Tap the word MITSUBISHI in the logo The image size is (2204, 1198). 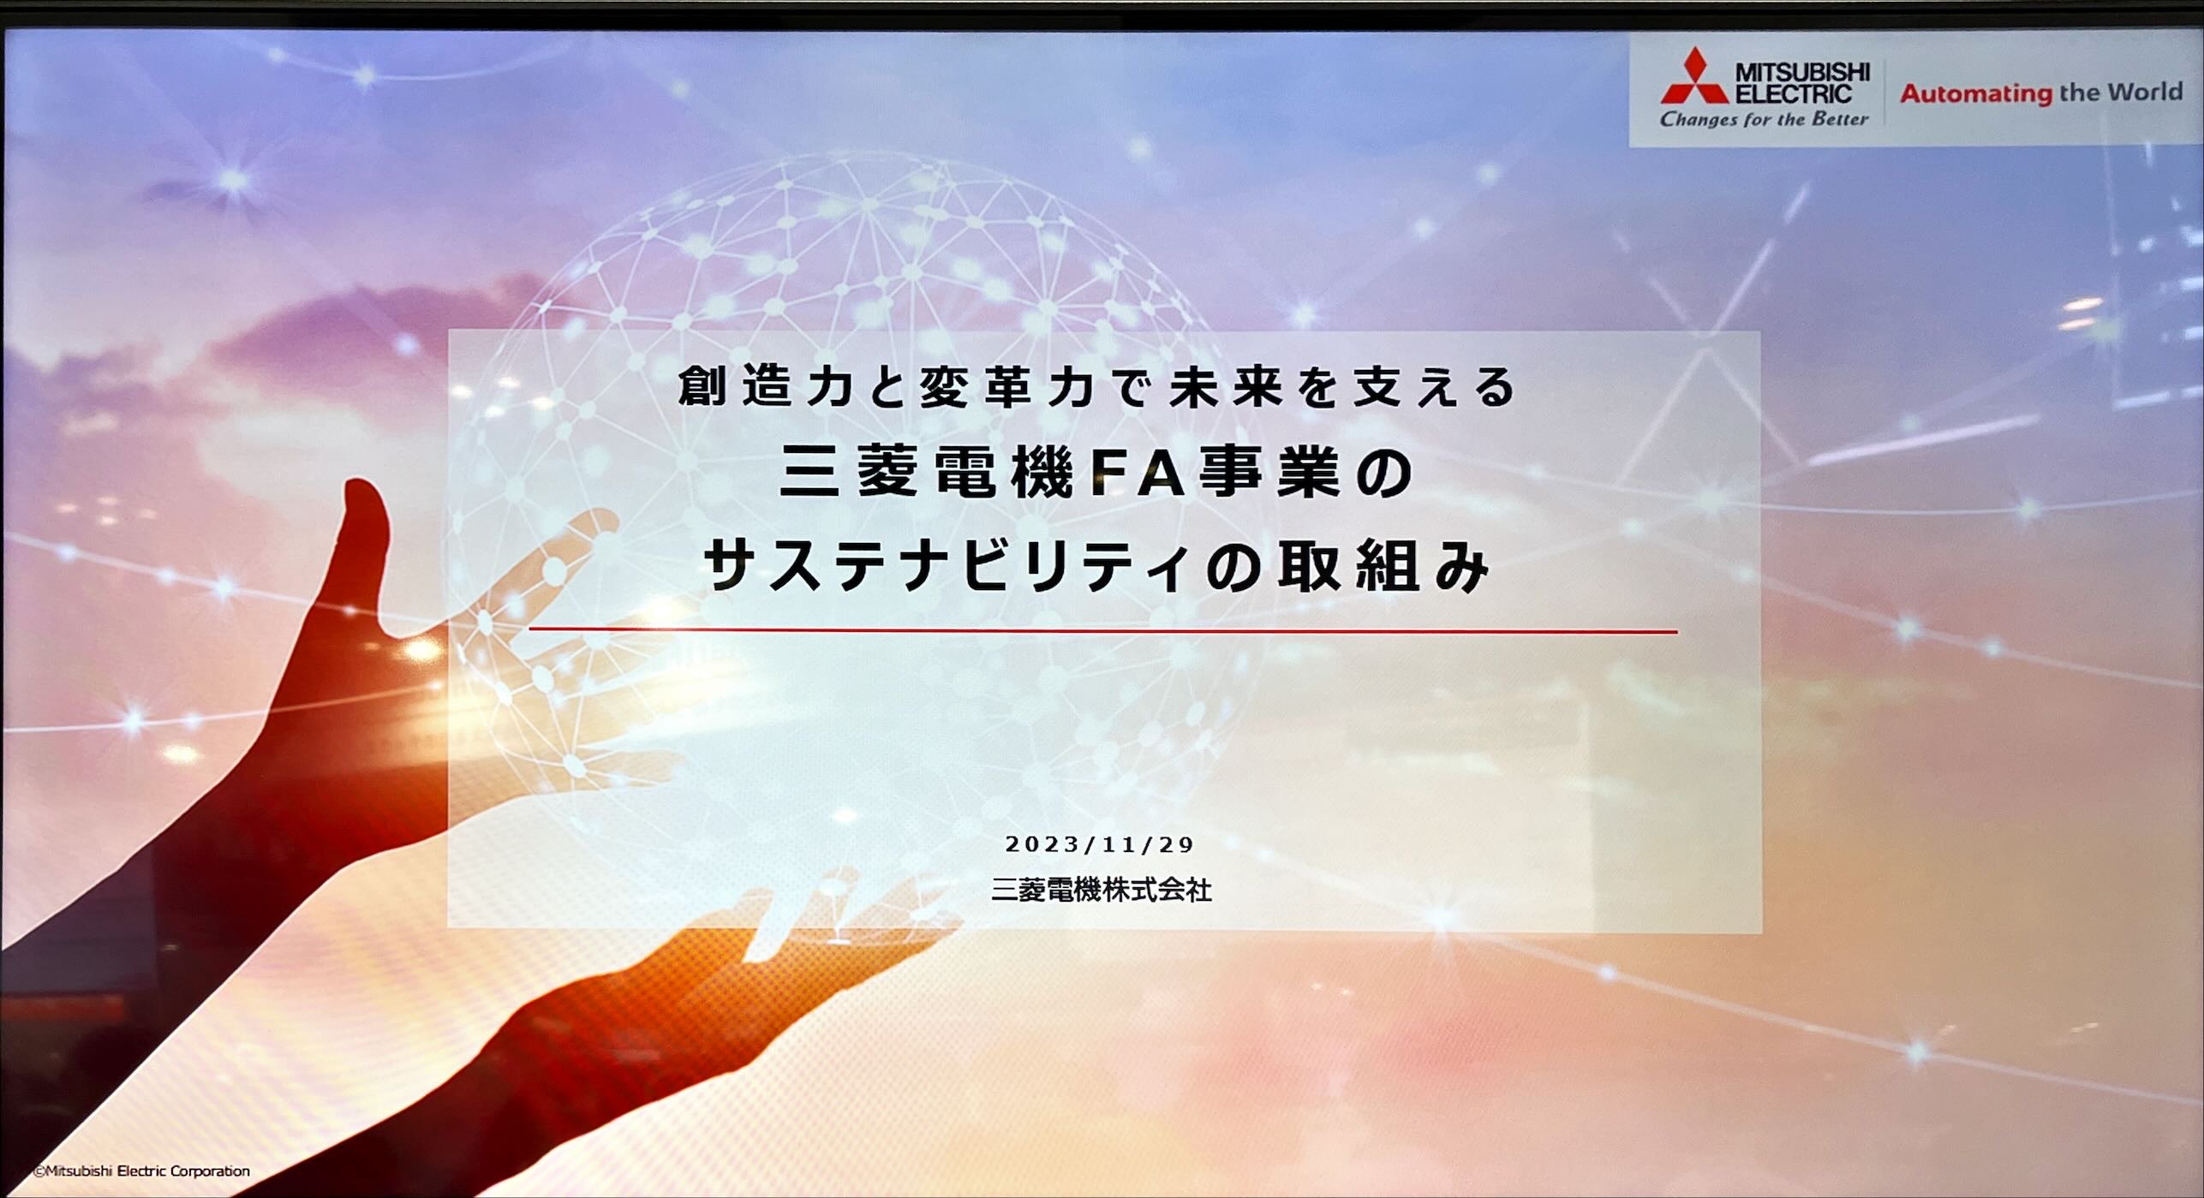[1802, 72]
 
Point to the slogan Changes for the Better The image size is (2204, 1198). [1764, 120]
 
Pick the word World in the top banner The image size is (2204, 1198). [2143, 91]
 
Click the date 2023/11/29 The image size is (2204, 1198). [1100, 844]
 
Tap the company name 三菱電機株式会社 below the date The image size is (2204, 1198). [1101, 891]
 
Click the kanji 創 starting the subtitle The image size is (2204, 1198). [702, 386]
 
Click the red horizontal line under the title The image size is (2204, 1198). [1103, 631]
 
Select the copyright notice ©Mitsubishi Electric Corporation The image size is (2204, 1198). [141, 1171]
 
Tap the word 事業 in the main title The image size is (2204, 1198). [1269, 474]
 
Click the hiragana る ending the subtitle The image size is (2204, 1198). [1496, 387]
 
